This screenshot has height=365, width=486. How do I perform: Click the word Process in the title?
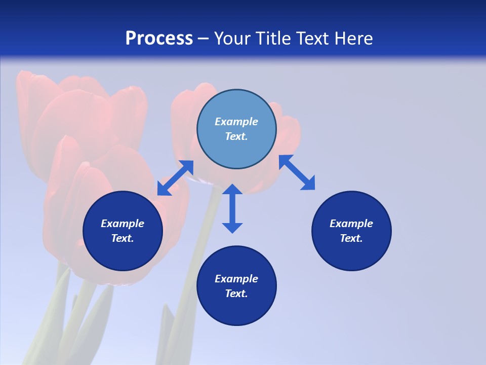[159, 39]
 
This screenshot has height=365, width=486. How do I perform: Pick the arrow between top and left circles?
[175, 178]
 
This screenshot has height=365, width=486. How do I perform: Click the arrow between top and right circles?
[297, 172]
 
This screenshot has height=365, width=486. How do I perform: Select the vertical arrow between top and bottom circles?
[232, 208]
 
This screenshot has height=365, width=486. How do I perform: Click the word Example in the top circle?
[236, 122]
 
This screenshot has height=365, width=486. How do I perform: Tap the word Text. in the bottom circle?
[236, 294]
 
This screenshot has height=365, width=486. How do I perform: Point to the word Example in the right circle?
[351, 224]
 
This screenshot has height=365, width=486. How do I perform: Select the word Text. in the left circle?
[123, 238]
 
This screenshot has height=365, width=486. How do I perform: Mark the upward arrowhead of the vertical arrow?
[232, 190]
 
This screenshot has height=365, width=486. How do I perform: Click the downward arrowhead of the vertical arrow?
[232, 227]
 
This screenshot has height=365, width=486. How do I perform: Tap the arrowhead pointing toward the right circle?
[308, 184]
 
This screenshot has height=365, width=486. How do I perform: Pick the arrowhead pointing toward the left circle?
[163, 189]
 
